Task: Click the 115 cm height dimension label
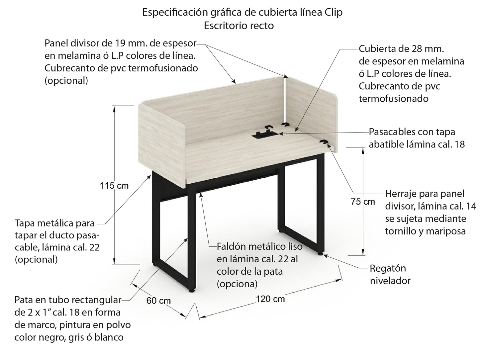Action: pos(114,186)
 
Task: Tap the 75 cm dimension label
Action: pos(363,202)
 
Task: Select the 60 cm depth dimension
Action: pos(158,301)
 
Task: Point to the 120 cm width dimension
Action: pos(270,299)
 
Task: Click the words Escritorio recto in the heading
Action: pos(239,26)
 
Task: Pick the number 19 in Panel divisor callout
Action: pos(121,43)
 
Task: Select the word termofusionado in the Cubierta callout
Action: pos(393,99)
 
